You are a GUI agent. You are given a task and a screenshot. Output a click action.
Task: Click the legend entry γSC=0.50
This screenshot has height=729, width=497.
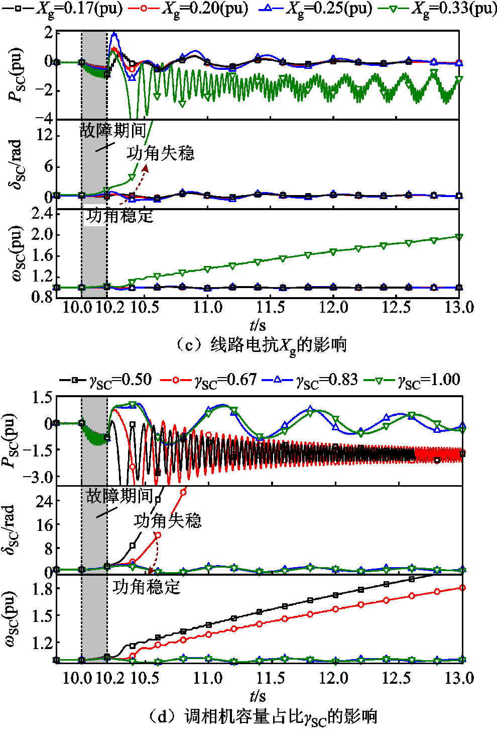[106, 380]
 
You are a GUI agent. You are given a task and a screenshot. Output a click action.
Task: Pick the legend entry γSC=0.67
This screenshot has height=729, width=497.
[209, 380]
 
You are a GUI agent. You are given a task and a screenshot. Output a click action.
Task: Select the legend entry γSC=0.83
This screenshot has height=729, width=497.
[311, 380]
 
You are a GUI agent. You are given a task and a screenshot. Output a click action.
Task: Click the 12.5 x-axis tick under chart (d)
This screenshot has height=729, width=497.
[396, 678]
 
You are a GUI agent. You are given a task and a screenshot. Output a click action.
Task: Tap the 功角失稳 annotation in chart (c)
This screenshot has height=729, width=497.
[160, 153]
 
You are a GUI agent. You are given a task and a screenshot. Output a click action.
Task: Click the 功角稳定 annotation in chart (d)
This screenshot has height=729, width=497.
[146, 587]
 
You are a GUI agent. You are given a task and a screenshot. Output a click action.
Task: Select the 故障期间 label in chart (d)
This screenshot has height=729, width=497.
[119, 496]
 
